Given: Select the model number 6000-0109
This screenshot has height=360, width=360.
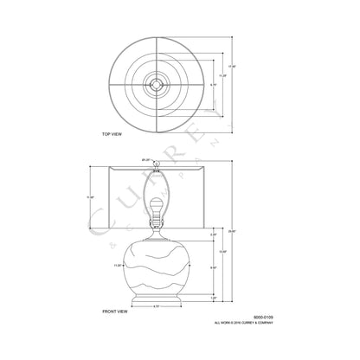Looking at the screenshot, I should [250, 318].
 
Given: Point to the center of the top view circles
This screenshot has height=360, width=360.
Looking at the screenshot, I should [157, 83].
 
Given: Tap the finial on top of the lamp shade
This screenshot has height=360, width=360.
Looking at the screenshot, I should [157, 163].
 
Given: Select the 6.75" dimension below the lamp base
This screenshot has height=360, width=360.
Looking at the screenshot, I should [155, 307].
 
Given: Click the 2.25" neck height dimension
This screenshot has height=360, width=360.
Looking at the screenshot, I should [213, 235].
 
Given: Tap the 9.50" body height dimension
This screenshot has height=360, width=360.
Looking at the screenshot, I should [214, 269].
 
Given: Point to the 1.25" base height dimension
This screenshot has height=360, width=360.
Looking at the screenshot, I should [214, 297].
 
